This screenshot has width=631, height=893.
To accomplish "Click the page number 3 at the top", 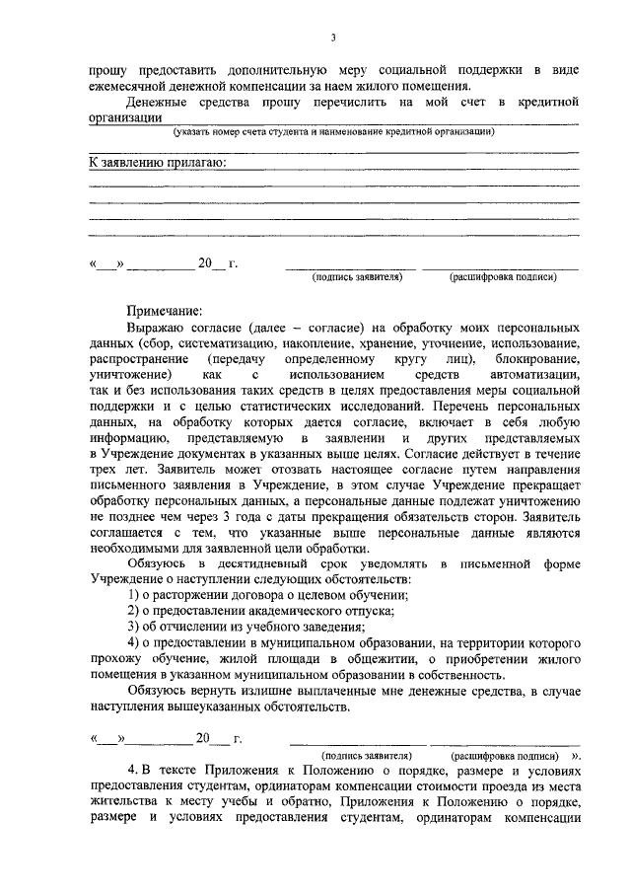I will pos(333,37).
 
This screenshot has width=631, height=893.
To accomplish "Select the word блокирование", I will pos(534,359).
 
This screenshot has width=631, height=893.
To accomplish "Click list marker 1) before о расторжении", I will pos(135,595).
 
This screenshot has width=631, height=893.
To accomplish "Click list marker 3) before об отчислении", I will pos(135,627).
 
